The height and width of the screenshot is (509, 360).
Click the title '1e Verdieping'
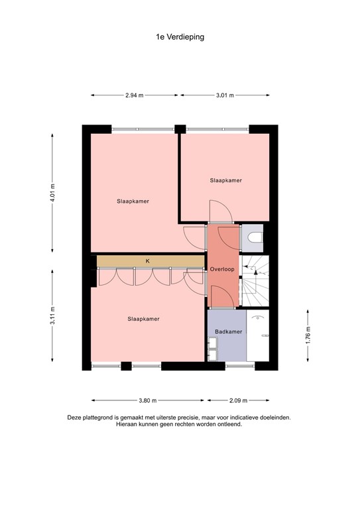(180, 38)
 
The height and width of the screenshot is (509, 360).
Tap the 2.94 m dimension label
(135, 95)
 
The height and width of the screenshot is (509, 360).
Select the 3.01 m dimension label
(225, 95)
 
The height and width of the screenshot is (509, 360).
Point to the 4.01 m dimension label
(52, 192)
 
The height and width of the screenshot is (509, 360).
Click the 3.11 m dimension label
(52, 312)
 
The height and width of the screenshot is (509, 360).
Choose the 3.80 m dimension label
(148, 400)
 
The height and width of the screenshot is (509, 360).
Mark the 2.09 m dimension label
(238, 400)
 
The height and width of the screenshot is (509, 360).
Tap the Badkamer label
(228, 331)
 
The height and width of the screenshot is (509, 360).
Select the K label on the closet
(148, 261)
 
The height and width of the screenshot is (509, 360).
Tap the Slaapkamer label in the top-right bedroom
(225, 180)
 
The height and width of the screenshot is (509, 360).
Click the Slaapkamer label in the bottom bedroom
(143, 319)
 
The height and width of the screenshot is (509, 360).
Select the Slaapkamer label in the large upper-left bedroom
(133, 201)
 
